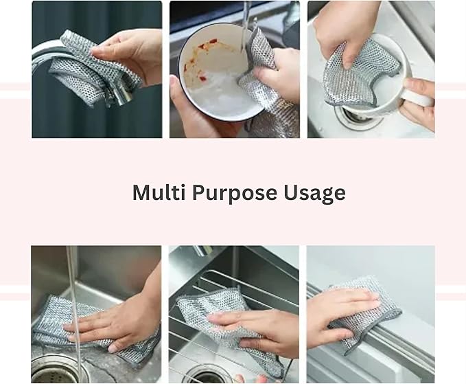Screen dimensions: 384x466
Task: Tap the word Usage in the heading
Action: coord(314,193)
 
